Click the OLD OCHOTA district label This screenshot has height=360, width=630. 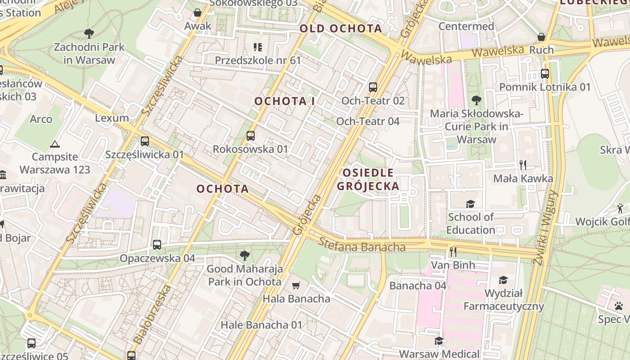click(x=341, y=29)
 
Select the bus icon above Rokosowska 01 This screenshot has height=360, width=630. click(x=251, y=135)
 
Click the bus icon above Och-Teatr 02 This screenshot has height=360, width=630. click(x=373, y=87)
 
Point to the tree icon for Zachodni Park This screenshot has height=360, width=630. click(x=89, y=33)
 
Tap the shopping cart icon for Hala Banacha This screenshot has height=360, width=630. click(x=296, y=285)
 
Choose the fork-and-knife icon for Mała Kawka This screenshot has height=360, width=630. click(x=523, y=165)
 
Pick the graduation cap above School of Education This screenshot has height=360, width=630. click(x=470, y=204)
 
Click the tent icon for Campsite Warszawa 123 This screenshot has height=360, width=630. click(x=55, y=144)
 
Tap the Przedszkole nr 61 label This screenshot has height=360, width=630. click(x=257, y=60)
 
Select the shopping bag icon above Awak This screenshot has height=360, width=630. click(x=197, y=13)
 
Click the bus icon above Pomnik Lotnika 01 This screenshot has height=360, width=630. click(x=544, y=74)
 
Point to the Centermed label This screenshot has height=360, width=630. click(x=466, y=26)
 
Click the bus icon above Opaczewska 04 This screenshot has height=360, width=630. click(x=157, y=245)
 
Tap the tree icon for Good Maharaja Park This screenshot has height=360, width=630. click(x=244, y=256)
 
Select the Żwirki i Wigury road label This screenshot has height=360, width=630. click(x=544, y=227)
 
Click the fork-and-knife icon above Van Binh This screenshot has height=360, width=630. click(x=453, y=252)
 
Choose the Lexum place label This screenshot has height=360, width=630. click(x=112, y=118)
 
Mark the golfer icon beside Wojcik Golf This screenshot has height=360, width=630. click(x=620, y=208)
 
